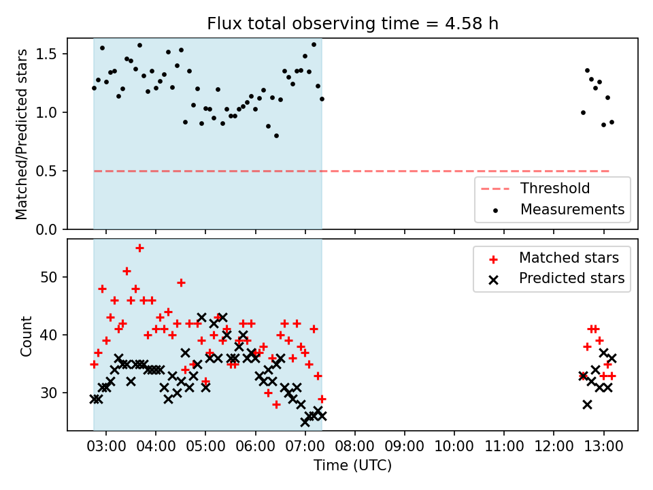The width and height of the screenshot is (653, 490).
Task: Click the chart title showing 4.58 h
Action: pyautogui.click(x=353, y=23)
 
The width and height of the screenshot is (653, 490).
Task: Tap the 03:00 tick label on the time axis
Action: pyautogui.click(x=106, y=446)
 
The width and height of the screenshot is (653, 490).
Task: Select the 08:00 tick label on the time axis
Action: pyautogui.click(x=355, y=446)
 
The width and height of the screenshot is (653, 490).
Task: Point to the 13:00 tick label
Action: pyautogui.click(x=603, y=446)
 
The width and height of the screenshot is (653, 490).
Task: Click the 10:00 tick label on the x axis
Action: pyautogui.click(x=454, y=446)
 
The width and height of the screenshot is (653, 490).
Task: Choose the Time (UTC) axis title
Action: pyautogui.click(x=353, y=465)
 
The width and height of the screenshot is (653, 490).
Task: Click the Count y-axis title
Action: pyautogui.click(x=26, y=336)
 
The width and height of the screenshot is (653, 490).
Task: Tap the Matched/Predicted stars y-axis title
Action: pyautogui.click(x=21, y=134)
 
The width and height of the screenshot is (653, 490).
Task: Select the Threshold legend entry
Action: pyautogui.click(x=535, y=189)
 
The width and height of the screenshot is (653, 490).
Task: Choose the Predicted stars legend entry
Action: pyautogui.click(x=557, y=278)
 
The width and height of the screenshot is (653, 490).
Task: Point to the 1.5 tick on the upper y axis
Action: pyautogui.click(x=46, y=54)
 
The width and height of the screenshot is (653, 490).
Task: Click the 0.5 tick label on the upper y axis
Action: pyautogui.click(x=46, y=171)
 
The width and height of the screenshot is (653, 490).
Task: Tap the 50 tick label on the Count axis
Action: pyautogui.click(x=49, y=277)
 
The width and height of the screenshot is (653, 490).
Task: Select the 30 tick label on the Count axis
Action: pyautogui.click(x=49, y=393)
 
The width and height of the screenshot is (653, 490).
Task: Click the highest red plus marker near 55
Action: pyautogui.click(x=139, y=248)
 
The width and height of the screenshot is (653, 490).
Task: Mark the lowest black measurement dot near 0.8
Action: pyautogui.click(x=277, y=136)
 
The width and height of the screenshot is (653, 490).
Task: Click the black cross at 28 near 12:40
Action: pyautogui.click(x=587, y=404)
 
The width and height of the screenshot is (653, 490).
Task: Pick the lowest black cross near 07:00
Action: pyautogui.click(x=305, y=422)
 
